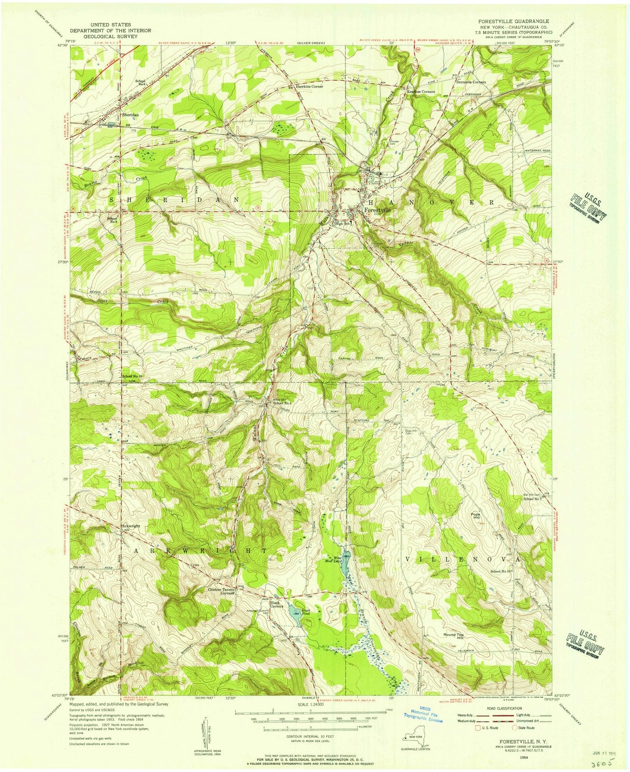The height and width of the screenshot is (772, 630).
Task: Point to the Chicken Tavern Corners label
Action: [221, 591]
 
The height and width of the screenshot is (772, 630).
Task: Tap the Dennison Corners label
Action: [471, 82]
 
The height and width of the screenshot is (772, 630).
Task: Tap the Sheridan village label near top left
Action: [130, 115]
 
